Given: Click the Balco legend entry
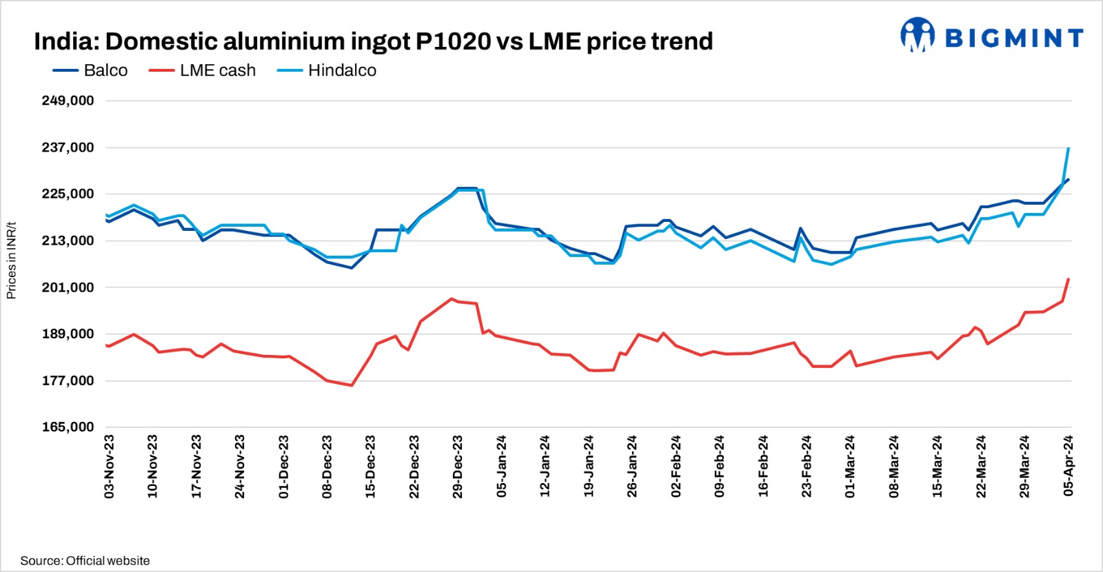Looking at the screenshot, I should [90, 71].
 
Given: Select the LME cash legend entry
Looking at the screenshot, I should [202, 71].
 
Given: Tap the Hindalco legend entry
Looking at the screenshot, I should [327, 71].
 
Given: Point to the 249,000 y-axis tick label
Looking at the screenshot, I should [68, 101].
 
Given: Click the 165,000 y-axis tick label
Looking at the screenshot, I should [68, 427].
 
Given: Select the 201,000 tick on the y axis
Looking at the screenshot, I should [68, 287].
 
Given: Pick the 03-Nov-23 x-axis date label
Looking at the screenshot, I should [109, 466].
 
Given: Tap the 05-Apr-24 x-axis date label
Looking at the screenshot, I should [1069, 466].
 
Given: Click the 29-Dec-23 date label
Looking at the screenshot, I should [458, 466].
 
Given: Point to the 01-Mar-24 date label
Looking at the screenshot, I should [850, 466].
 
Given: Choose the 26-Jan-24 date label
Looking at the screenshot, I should [632, 466].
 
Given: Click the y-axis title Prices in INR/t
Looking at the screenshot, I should [11, 261].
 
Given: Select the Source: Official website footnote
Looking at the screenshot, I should [85, 561].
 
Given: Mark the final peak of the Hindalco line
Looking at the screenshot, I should [1068, 148].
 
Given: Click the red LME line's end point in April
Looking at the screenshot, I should [1068, 279].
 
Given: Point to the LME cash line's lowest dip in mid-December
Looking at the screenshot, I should [352, 385].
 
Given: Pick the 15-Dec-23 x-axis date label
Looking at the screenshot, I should [370, 466].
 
